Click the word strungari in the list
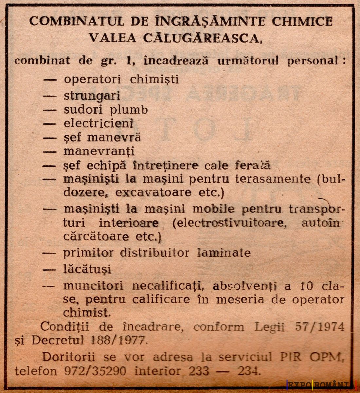point(92,96)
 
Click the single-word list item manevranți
point(99,151)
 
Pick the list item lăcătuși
point(87,269)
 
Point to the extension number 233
point(199,371)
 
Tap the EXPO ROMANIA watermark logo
point(321,384)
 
